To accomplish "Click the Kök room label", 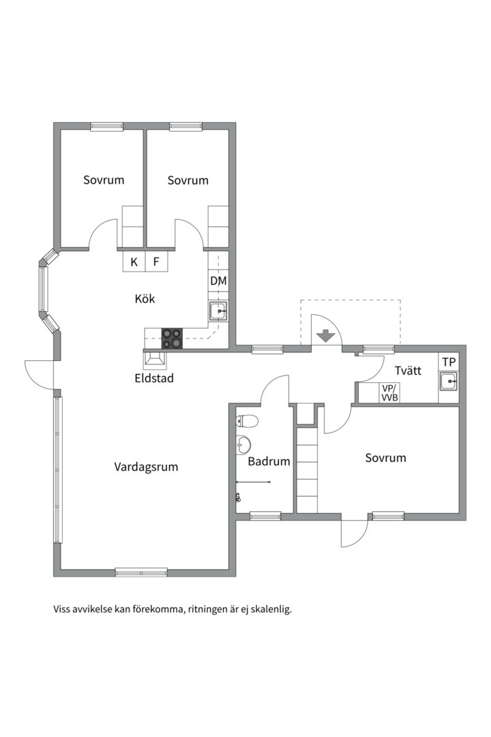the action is pos(145,298).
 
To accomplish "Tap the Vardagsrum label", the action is pos(146,467).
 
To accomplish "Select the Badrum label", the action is pos(269,461).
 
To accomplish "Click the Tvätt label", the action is pos(408,371).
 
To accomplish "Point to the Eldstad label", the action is pos(154,378).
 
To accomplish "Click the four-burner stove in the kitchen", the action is pos(171,338).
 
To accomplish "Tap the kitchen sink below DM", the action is pos(218,310).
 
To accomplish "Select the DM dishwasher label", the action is pos(218,281).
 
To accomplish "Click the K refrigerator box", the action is pos(134,262).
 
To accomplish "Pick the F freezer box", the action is pos(156,262).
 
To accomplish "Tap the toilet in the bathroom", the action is pos(247,420).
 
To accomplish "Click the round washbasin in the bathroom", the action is pos(243,444).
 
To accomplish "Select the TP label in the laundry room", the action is pos(449,362).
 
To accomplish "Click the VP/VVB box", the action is pos(389,394).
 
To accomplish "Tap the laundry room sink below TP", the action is pos(449,381).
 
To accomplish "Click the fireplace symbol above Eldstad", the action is pos(155,359).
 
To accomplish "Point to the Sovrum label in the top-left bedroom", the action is pos(104,180).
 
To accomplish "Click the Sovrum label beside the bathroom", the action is pos(386,458).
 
